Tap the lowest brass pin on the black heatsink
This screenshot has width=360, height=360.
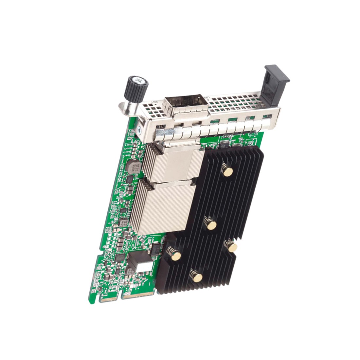[x=197, y=277]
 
